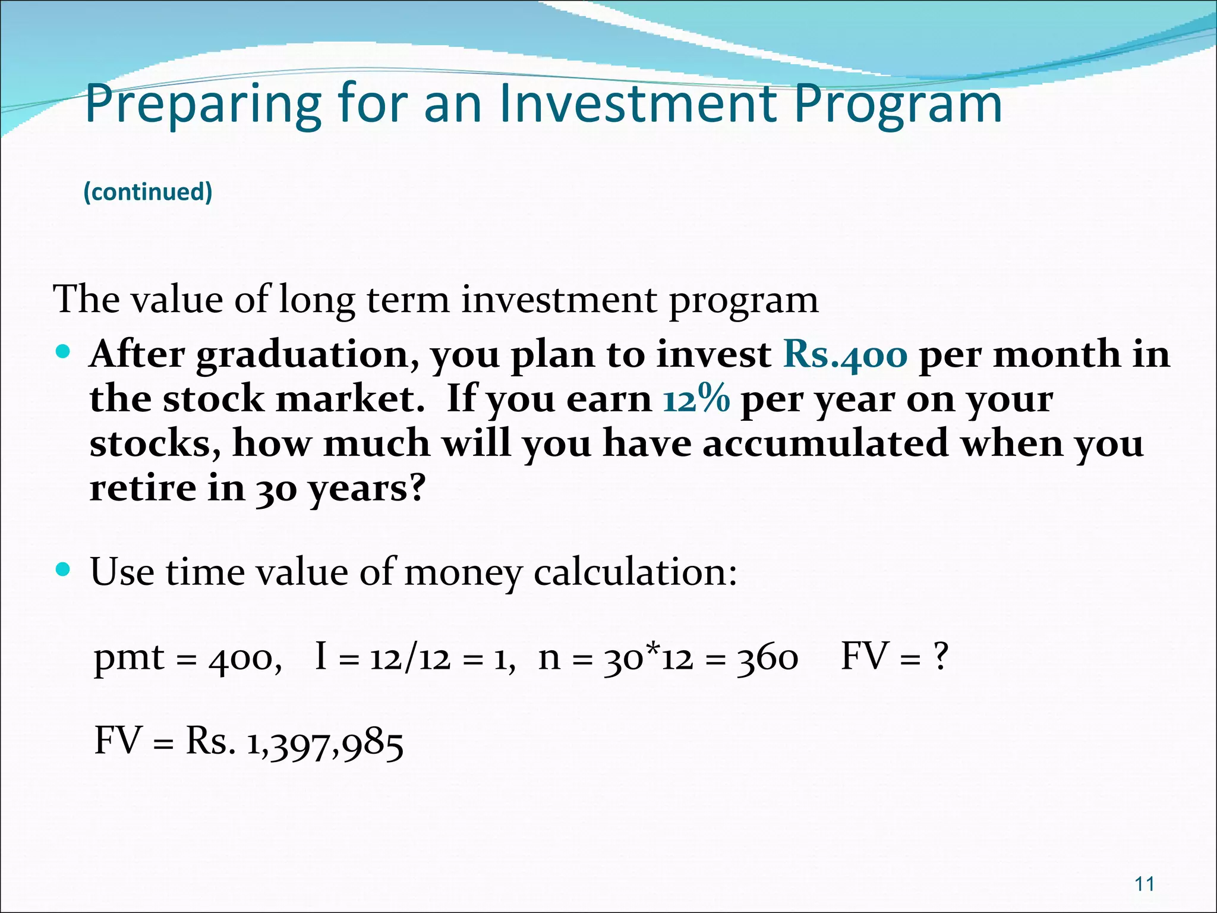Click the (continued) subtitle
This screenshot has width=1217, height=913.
[x=148, y=192]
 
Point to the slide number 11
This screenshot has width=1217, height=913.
[x=1145, y=884]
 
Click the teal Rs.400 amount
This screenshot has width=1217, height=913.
[x=846, y=355]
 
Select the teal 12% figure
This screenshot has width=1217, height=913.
[x=696, y=399]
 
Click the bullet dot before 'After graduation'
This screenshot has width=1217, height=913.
[x=62, y=352]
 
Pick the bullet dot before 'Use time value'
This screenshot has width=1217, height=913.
[x=62, y=570]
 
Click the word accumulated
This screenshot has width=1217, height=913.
[x=825, y=443]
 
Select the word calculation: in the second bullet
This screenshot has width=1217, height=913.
[x=635, y=573]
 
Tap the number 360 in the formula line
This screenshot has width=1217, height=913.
[x=767, y=659]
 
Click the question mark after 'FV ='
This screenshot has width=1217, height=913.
[x=940, y=657]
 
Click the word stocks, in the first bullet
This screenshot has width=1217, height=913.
[x=155, y=444]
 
